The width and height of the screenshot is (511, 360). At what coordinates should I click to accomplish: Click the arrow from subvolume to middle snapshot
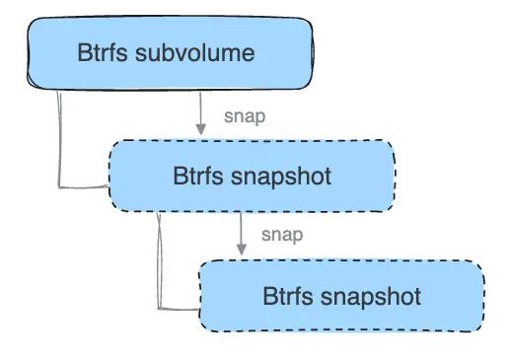coord(201,111)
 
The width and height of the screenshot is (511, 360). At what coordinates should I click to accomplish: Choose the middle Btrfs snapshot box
coord(252,176)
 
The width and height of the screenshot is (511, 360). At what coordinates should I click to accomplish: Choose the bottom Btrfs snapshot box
coord(341,295)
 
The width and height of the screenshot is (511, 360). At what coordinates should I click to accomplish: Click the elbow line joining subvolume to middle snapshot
coord(60,138)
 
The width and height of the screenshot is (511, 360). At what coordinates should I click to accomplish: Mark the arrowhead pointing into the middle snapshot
coord(201,131)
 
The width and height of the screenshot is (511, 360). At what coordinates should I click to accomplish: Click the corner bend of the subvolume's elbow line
coord(62,184)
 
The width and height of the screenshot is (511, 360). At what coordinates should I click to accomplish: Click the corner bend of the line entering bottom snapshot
coord(159,305)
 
